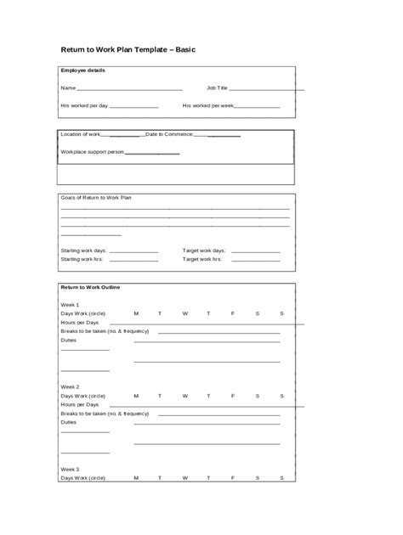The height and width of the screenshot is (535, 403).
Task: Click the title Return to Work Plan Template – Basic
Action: pyautogui.click(x=128, y=50)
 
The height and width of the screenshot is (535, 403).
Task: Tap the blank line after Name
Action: pyautogui.click(x=129, y=88)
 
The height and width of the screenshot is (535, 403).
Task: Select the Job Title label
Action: pyautogui.click(x=217, y=87)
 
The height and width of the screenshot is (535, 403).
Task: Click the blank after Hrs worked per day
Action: pyautogui.click(x=133, y=107)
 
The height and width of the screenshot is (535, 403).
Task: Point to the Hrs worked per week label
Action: pyautogui.click(x=207, y=106)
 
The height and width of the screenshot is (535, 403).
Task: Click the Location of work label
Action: pyautogui.click(x=80, y=134)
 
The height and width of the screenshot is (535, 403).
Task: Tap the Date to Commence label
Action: pyautogui.click(x=169, y=134)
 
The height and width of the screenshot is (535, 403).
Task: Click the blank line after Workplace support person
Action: pyautogui.click(x=152, y=153)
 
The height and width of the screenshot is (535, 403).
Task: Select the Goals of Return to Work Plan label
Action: pyautogui.click(x=96, y=197)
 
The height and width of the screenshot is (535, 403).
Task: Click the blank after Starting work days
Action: pyautogui.click(x=133, y=252)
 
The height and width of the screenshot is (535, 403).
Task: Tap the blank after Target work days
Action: pyautogui.click(x=256, y=252)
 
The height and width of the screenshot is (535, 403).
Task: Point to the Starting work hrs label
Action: pyautogui.click(x=82, y=260)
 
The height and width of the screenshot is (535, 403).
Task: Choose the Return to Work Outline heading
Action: pyautogui.click(x=90, y=287)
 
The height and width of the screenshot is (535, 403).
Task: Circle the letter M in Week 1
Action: pyautogui.click(x=136, y=314)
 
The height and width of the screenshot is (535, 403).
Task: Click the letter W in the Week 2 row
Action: pyautogui.click(x=184, y=395)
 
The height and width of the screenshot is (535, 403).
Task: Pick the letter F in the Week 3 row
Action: pyautogui.click(x=233, y=478)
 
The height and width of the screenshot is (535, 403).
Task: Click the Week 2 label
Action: pyautogui.click(x=70, y=386)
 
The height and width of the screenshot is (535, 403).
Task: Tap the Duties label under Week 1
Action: pyautogui.click(x=69, y=340)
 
